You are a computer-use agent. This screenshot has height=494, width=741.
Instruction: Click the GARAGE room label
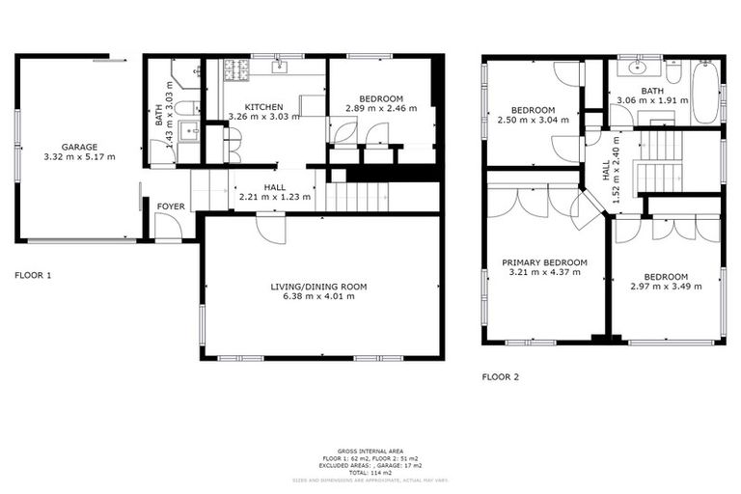79,147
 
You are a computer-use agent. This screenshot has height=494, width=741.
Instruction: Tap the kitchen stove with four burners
235,69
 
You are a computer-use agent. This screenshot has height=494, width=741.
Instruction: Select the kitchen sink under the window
280,68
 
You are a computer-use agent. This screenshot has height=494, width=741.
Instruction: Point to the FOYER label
171,206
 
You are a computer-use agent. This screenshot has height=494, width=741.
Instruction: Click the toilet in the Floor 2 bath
672,71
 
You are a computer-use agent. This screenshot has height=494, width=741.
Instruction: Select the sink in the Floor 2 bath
638,69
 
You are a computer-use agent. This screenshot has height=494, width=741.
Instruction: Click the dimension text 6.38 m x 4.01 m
318,296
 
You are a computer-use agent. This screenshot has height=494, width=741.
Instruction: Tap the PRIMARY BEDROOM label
544,262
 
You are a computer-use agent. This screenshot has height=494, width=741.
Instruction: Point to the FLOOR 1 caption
34,275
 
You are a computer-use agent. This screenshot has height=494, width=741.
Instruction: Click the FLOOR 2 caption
501,377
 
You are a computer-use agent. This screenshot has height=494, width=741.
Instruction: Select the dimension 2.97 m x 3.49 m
665,287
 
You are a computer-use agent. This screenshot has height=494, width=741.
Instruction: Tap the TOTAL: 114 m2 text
370,473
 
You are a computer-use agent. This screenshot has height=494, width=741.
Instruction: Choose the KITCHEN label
263,106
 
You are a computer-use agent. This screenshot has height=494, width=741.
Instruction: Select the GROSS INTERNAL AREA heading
370,451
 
